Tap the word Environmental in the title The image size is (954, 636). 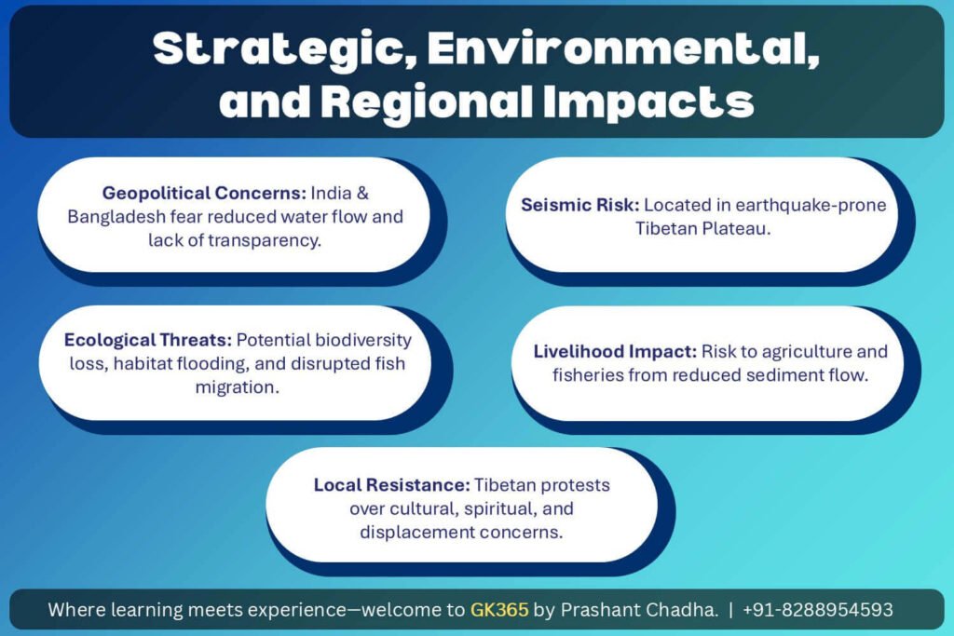pyautogui.click(x=623, y=47)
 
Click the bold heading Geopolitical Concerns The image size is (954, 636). pyautogui.click(x=204, y=194)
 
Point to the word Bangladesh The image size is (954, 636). pyautogui.click(x=116, y=216)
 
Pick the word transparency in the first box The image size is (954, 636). pyautogui.click(x=264, y=241)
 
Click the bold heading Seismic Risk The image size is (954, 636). pyautogui.click(x=579, y=205)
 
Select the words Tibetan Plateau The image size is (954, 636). pyautogui.click(x=702, y=229)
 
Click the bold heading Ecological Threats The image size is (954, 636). pyautogui.click(x=148, y=340)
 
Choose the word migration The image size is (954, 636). pyautogui.click(x=238, y=387)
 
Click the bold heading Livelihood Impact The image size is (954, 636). pyautogui.click(x=615, y=351)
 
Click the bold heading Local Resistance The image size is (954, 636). pyautogui.click(x=392, y=484)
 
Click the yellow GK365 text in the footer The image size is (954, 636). pyautogui.click(x=499, y=609)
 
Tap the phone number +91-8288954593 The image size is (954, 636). pyautogui.click(x=818, y=609)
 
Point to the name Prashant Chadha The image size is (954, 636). pyautogui.click(x=639, y=609)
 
